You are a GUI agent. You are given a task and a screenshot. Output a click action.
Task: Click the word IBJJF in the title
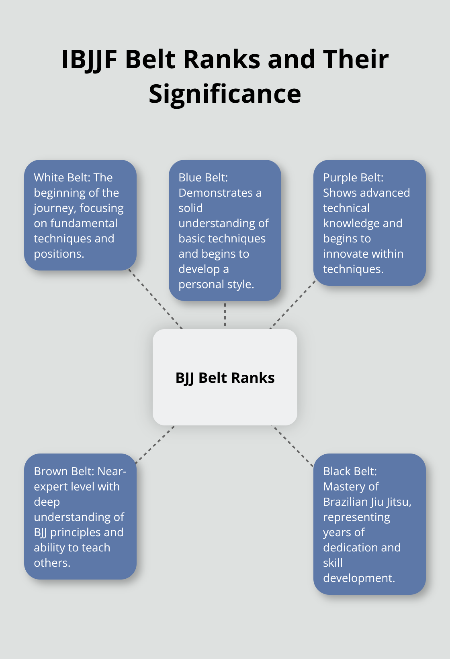pos(89,59)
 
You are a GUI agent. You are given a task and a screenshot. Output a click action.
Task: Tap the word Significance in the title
pos(225,94)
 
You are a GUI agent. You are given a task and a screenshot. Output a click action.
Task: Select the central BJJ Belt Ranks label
pos(225,378)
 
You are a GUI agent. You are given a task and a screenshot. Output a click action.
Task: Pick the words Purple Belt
pos(353,177)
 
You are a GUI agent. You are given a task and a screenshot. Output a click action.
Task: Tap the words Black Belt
pos(350,471)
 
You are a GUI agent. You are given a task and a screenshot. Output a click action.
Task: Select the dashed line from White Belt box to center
pos(155,299)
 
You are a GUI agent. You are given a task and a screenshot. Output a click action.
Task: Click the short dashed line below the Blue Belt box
pos(225,315)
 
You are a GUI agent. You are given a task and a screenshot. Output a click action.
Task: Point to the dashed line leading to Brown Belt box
pos(155,444)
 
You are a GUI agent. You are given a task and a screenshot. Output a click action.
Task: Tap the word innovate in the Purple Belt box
pos(346,254)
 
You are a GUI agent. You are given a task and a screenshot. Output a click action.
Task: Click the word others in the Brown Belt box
pos(51,563)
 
